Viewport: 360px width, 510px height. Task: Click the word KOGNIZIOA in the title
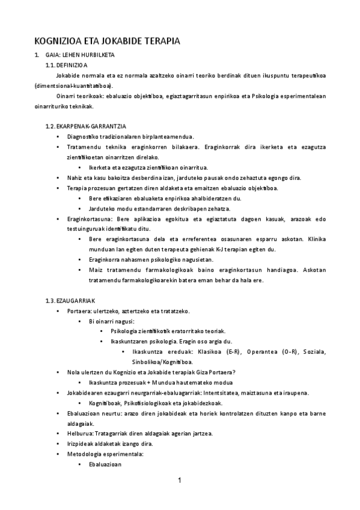[x=57, y=41]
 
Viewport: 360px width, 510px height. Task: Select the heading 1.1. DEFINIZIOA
[x=67, y=64]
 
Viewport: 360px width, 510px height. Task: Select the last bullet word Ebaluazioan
[x=105, y=464]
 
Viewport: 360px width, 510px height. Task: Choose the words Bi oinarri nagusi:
[x=111, y=321]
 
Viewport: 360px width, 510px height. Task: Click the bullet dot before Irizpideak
[x=57, y=444]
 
